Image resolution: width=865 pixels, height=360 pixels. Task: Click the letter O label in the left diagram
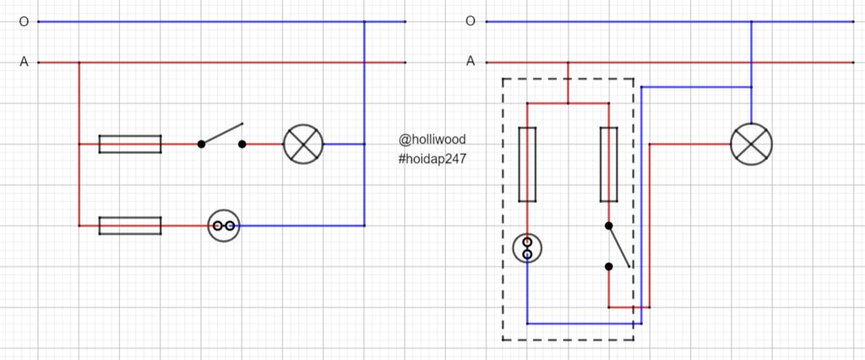23,22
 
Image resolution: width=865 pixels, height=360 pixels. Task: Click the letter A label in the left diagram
23,62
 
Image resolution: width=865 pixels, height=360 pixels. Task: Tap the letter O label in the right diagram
471,22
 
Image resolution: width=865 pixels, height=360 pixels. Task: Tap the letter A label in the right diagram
471,62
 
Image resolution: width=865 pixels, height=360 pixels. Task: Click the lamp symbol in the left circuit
302,144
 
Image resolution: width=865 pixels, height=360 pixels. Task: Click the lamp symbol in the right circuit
751,144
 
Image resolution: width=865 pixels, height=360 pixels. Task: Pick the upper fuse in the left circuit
130,144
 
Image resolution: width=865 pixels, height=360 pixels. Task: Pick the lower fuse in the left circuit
130,226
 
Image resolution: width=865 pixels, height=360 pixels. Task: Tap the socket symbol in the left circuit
224,226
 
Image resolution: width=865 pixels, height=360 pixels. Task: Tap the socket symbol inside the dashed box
527,248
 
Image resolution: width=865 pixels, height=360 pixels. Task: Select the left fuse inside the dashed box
527,165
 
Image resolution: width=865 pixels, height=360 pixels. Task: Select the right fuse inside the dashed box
608,165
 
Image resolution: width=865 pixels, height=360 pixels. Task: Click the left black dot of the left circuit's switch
201,145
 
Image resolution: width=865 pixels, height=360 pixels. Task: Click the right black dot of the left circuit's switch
242,145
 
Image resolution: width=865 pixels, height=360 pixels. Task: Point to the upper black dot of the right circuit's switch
608,226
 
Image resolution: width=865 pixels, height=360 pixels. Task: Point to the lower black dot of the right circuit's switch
608,266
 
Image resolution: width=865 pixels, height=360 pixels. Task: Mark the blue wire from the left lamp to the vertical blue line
343,144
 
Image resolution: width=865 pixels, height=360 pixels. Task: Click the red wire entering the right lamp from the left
688,144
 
